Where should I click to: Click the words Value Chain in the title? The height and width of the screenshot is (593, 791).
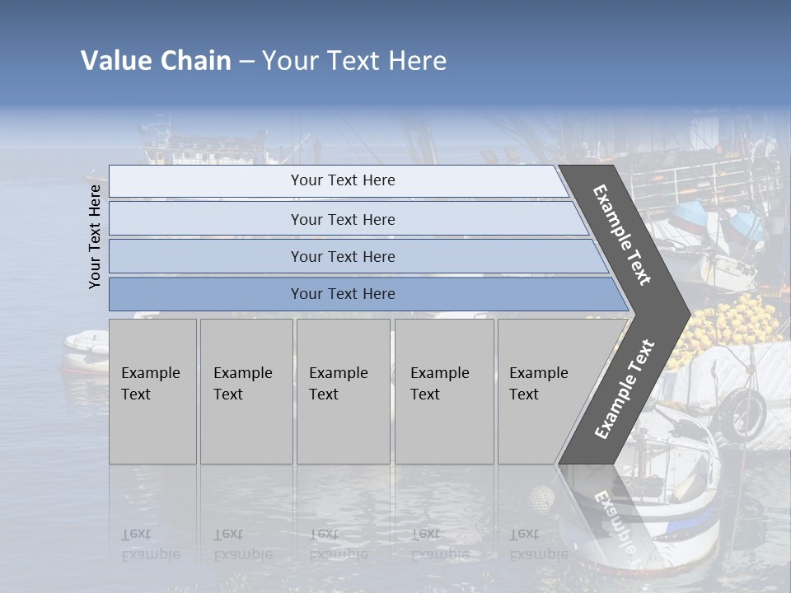156,61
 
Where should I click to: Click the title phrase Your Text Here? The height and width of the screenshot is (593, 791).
354,61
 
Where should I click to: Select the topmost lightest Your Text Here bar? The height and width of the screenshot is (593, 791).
342,180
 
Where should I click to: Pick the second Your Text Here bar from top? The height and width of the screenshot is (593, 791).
342,219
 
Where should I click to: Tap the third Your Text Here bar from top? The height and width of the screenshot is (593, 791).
342,256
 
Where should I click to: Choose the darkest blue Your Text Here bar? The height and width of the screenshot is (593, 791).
342,294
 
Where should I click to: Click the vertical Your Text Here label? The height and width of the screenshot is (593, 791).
95,236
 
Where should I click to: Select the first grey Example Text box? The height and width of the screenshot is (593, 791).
152,390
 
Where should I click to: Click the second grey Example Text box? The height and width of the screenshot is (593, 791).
246,390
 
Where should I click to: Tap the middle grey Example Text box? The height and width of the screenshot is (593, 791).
342,390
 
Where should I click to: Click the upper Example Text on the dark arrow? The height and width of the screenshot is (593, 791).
622,235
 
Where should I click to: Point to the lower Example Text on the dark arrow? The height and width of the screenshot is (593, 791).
625,390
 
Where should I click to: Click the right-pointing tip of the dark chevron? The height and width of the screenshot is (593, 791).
687,313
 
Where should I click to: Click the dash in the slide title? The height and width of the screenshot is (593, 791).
246,62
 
